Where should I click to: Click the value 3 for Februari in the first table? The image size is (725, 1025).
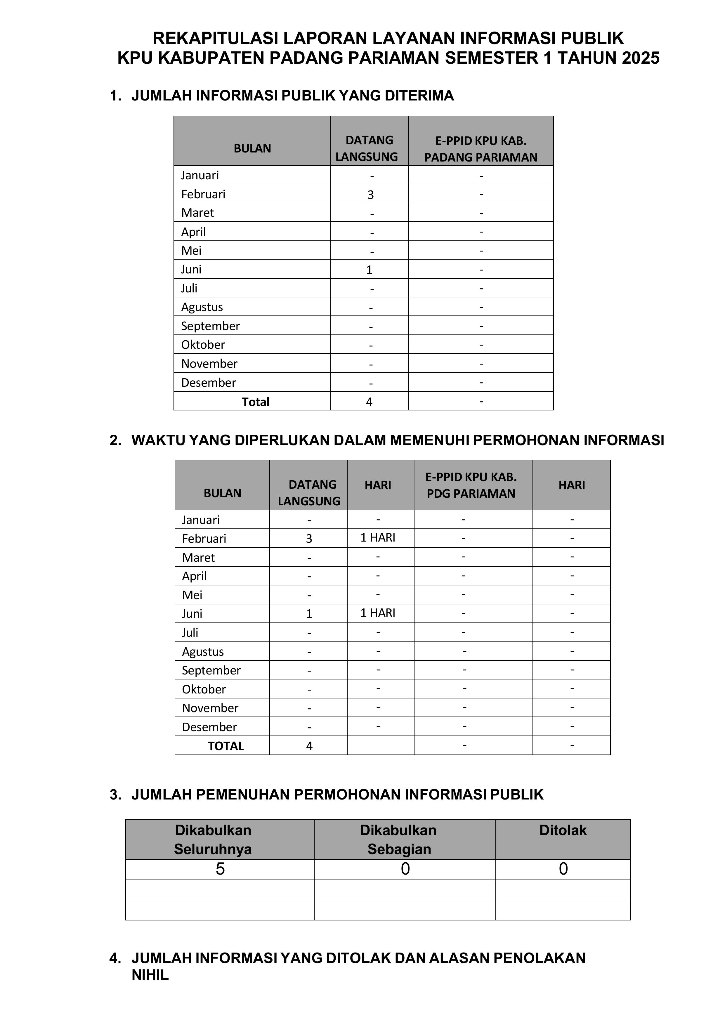tap(370, 195)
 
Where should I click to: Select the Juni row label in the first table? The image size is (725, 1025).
tap(191, 270)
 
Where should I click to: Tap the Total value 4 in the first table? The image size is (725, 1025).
tap(369, 402)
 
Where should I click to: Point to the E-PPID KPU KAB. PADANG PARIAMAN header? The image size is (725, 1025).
tap(481, 149)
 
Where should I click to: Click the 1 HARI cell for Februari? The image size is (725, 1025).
tap(378, 538)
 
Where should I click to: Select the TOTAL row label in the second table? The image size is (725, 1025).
tap(226, 746)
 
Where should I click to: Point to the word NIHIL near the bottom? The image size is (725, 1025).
tap(150, 975)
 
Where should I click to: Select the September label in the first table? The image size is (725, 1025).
tap(210, 326)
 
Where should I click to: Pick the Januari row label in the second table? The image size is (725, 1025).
tap(201, 520)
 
